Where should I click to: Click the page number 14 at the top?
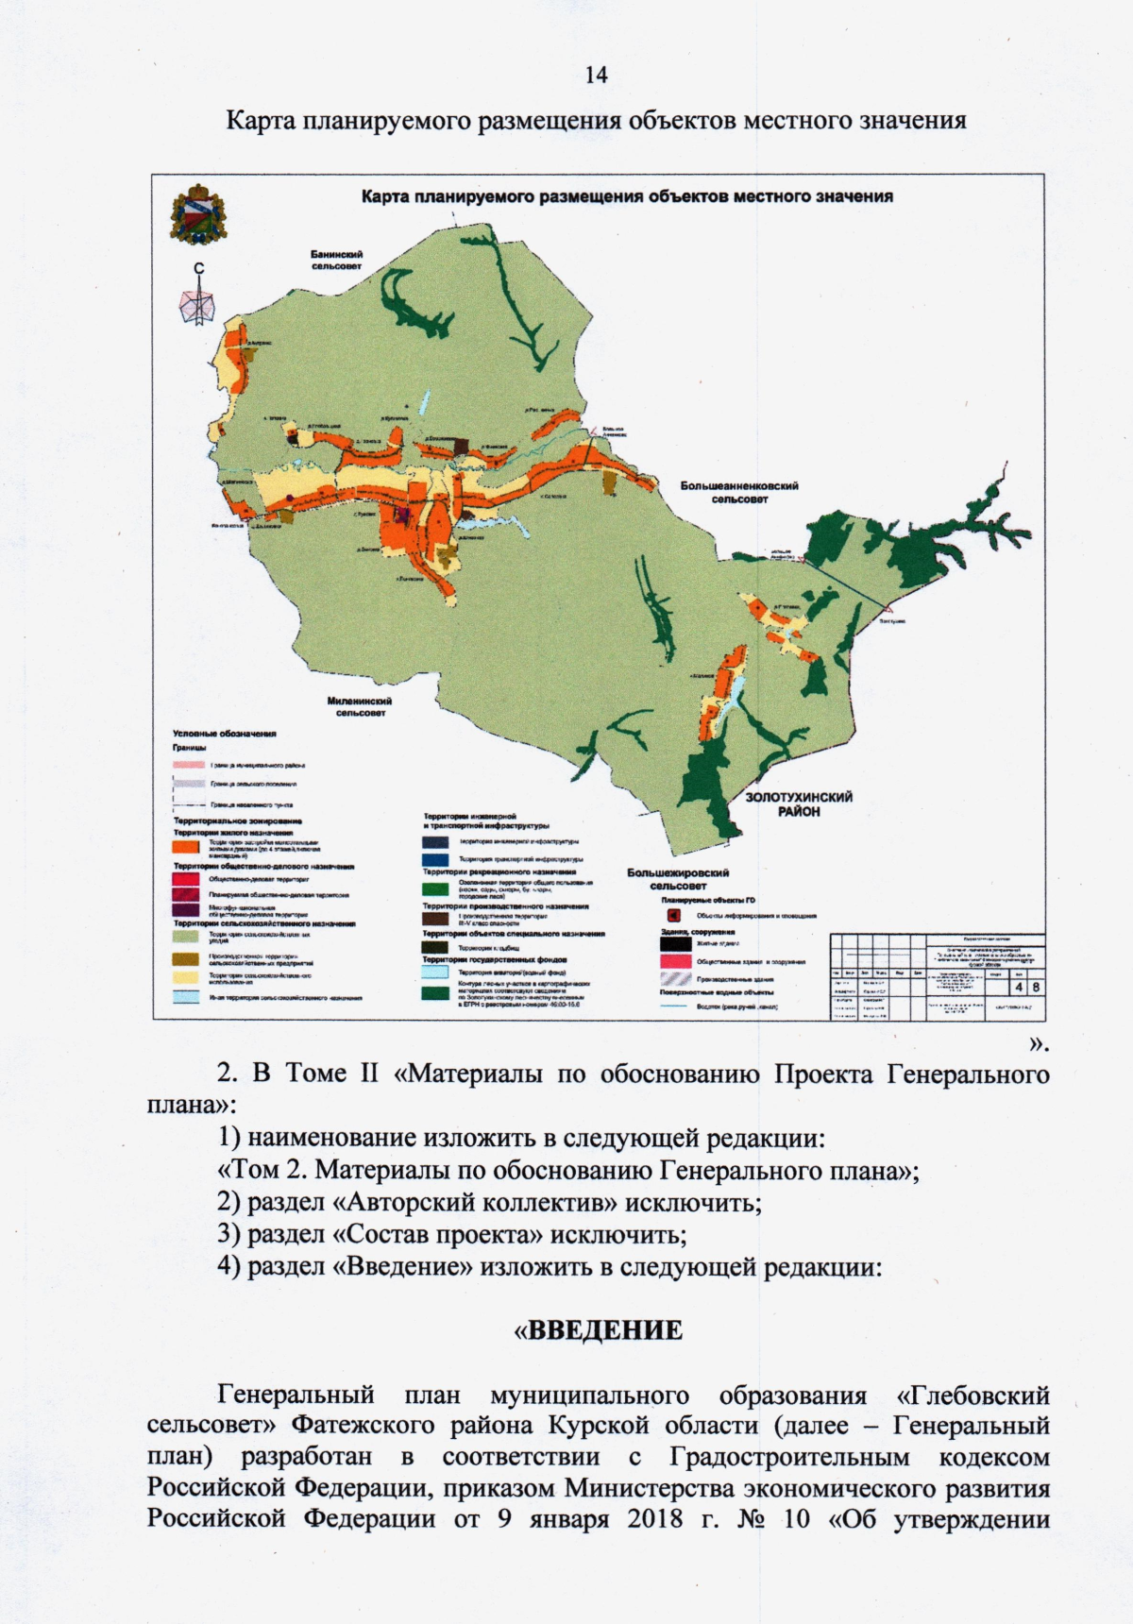[x=596, y=76]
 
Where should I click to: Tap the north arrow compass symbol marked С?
[x=198, y=297]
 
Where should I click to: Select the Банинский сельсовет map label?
[x=337, y=260]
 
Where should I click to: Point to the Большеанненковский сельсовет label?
[x=739, y=491]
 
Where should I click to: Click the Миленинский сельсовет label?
[x=359, y=706]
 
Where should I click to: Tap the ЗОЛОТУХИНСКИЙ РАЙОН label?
[x=799, y=804]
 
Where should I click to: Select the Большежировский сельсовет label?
[x=678, y=879]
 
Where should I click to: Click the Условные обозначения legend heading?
[x=224, y=733]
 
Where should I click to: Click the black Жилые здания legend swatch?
[x=674, y=942]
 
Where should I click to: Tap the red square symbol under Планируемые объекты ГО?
[x=674, y=915]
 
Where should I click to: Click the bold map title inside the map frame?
[x=627, y=197]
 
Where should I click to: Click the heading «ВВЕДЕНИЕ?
[x=597, y=1331]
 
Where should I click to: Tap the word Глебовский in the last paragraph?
[x=979, y=1395]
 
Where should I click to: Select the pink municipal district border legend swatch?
[x=185, y=764]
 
